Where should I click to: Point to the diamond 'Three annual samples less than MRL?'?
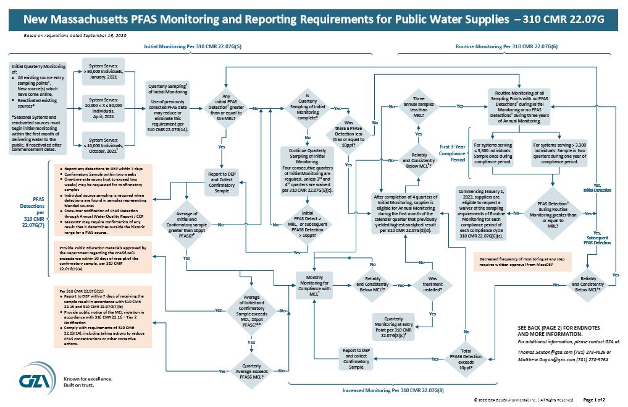pyautogui.click(x=418, y=106)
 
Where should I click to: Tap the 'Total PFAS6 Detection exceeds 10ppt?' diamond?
pyautogui.click(x=466, y=358)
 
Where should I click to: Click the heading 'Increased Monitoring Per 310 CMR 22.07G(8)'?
pyautogui.click(x=393, y=391)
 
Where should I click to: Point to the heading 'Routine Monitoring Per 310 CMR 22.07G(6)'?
pyautogui.click(x=506, y=47)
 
